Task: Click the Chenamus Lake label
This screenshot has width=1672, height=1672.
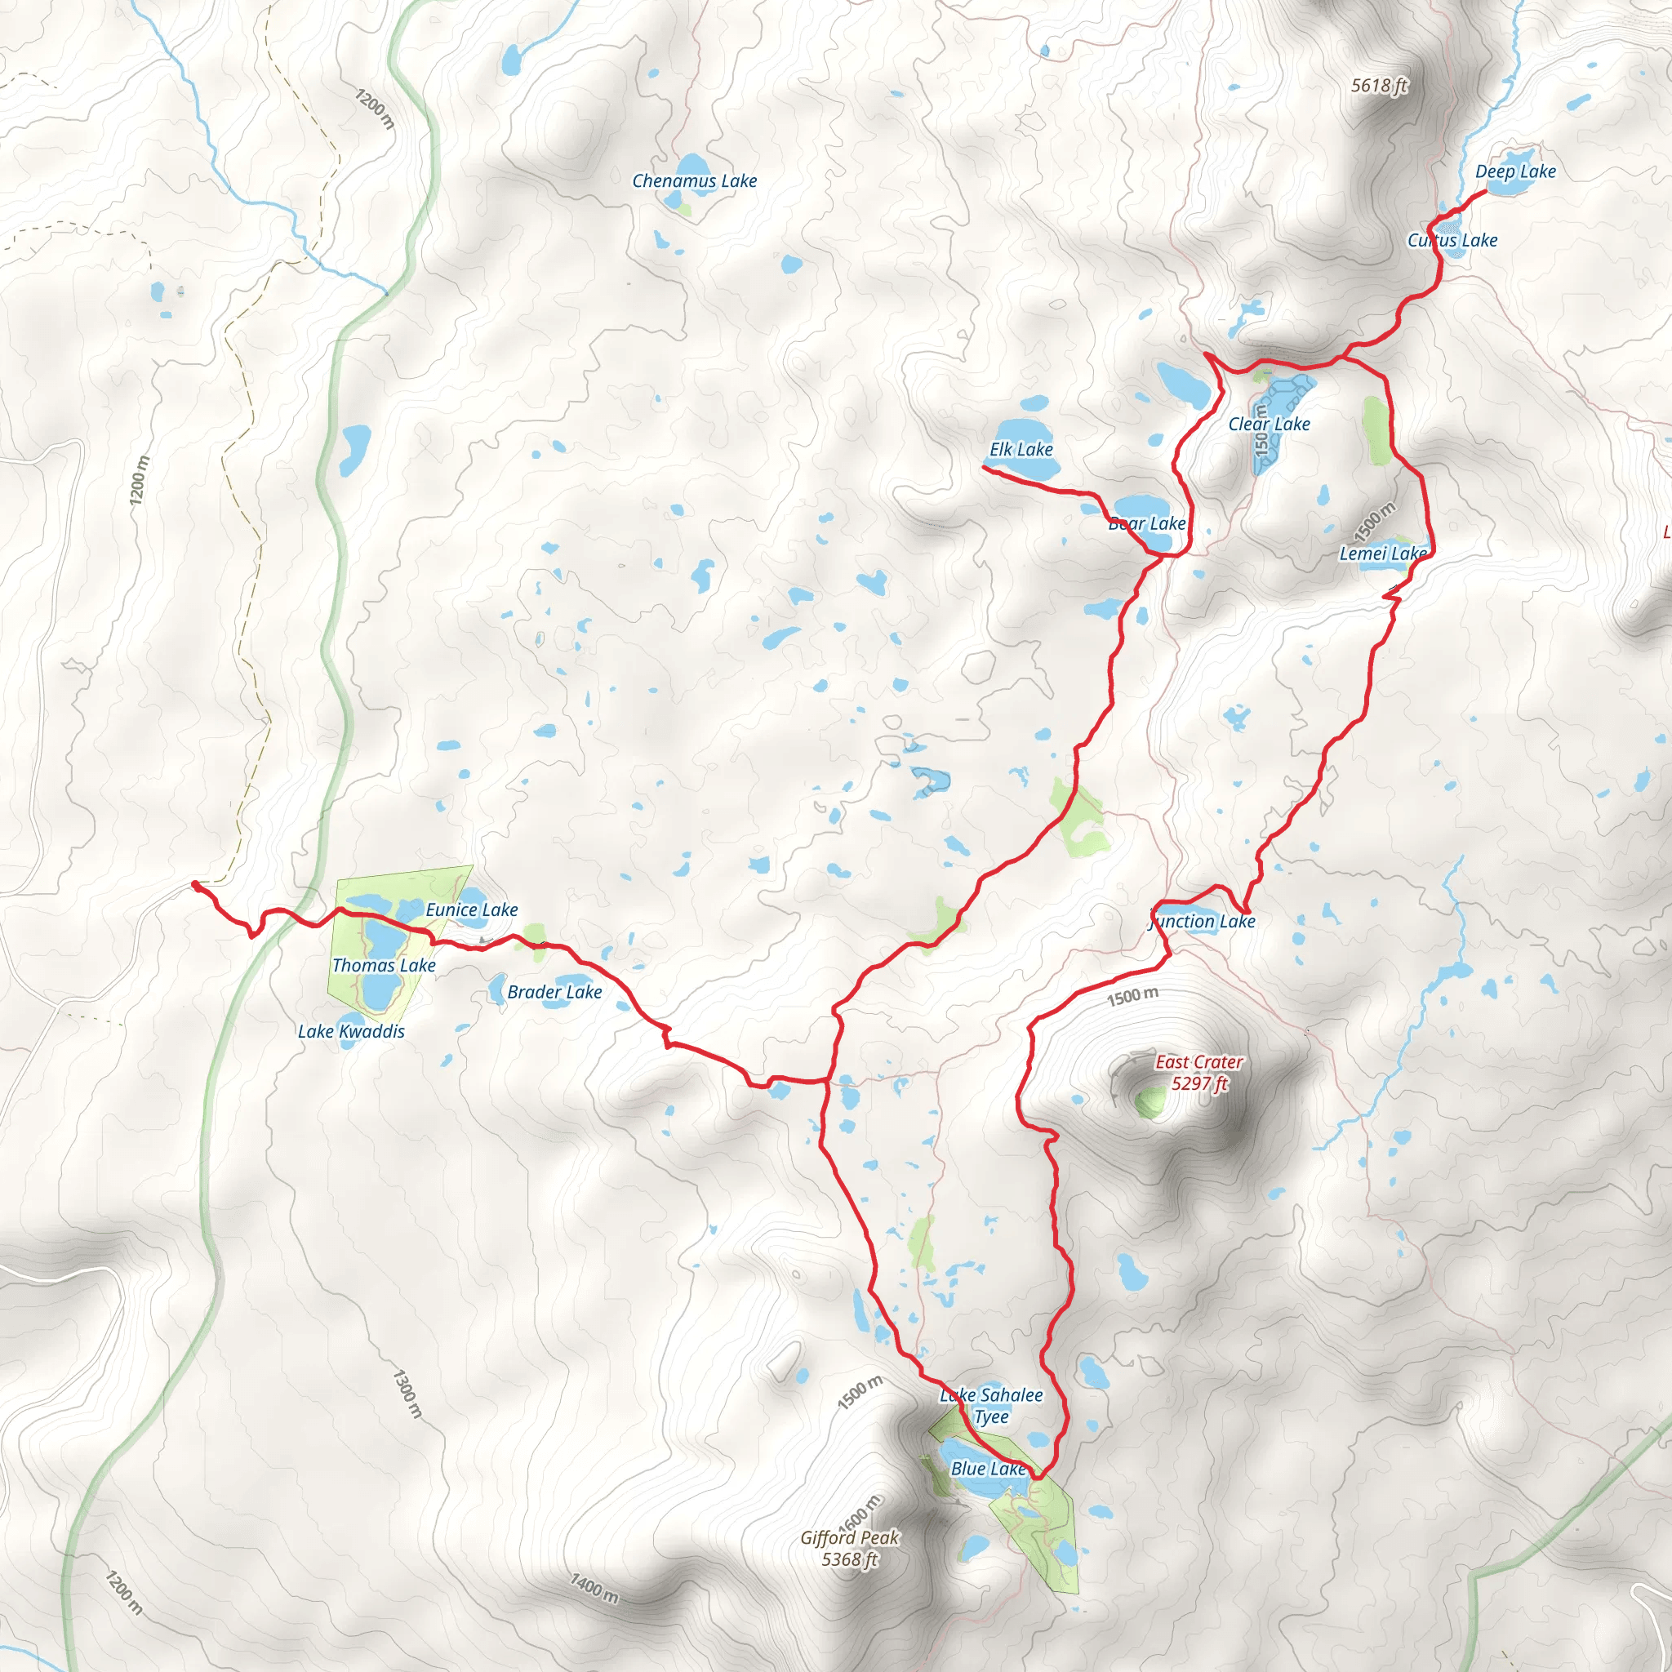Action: (x=694, y=181)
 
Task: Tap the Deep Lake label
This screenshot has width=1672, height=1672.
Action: (x=1515, y=171)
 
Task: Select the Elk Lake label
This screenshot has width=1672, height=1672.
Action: (x=1021, y=449)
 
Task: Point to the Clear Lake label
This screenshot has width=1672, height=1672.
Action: (x=1269, y=424)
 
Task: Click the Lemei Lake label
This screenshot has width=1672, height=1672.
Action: (x=1382, y=554)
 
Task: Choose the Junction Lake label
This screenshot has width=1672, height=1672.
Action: (x=1203, y=922)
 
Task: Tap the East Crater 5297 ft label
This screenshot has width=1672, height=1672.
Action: (x=1198, y=1072)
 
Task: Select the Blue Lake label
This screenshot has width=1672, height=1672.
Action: (x=988, y=1469)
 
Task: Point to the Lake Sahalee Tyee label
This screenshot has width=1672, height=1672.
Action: (x=991, y=1406)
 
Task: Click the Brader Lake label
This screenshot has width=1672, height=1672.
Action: (x=554, y=992)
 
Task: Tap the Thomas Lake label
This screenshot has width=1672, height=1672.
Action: (x=384, y=965)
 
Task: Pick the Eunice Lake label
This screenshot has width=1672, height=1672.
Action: (x=472, y=909)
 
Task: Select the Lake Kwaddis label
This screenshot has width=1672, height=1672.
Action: (x=350, y=1031)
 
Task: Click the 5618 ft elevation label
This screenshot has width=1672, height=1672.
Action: (x=1380, y=85)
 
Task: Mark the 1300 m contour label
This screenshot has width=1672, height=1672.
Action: (x=407, y=1394)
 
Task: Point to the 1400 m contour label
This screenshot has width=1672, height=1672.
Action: (x=594, y=1588)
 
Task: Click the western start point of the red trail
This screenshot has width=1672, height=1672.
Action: (x=195, y=883)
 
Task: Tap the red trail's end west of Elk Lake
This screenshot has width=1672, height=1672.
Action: (x=985, y=468)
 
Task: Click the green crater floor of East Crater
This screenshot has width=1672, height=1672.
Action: (x=1151, y=1101)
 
